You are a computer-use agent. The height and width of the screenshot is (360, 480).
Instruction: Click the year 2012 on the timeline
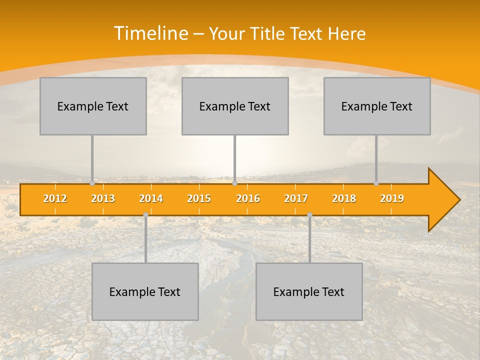click(x=55, y=198)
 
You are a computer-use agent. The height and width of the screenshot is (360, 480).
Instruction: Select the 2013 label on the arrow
click(x=103, y=198)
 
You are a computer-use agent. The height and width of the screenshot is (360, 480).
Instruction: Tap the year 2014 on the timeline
click(x=151, y=198)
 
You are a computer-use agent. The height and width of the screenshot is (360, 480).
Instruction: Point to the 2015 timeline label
click(x=199, y=198)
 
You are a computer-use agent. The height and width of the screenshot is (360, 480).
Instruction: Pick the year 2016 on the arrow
click(x=248, y=198)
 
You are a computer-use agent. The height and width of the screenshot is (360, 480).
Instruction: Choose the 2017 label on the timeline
click(x=296, y=198)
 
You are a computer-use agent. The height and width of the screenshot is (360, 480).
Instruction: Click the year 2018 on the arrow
click(x=344, y=198)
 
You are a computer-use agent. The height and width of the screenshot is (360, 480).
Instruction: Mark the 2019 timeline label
click(x=392, y=198)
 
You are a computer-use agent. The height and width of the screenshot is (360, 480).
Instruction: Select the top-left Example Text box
click(x=93, y=106)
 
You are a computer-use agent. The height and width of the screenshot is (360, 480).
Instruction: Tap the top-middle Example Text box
click(x=235, y=106)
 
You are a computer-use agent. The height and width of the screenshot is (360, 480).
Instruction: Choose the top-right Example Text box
click(x=377, y=106)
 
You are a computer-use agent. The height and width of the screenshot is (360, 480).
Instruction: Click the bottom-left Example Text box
click(x=145, y=291)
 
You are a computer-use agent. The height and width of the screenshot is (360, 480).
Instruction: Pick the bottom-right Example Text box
click(x=309, y=291)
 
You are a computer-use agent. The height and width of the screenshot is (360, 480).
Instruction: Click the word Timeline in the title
click(x=150, y=33)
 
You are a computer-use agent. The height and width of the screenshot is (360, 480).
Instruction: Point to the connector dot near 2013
click(x=92, y=183)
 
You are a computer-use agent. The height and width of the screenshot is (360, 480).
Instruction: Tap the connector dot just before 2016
click(x=234, y=183)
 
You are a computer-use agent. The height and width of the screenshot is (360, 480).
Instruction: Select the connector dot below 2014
click(x=145, y=215)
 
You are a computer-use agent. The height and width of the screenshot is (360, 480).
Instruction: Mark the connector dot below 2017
click(x=309, y=215)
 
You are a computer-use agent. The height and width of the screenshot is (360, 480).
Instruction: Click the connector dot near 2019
click(x=376, y=183)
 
